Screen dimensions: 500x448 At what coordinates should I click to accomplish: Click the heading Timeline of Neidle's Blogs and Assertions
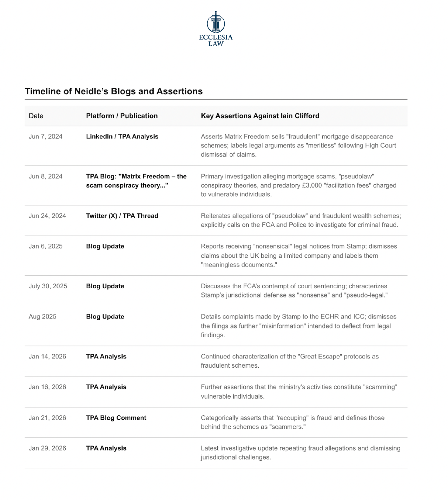[x=114, y=91]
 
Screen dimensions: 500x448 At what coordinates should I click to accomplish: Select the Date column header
[x=36, y=116]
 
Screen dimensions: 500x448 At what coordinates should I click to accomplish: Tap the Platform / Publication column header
[x=122, y=116]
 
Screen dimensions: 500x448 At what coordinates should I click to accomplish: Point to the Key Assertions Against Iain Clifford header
[x=260, y=116]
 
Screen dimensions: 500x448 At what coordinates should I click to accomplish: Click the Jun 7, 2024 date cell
[x=46, y=137]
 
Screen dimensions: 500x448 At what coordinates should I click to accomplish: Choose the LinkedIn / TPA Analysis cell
[x=122, y=137]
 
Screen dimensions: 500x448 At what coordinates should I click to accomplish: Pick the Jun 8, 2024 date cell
[x=46, y=176]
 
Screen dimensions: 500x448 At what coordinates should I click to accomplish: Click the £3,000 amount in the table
[x=312, y=185]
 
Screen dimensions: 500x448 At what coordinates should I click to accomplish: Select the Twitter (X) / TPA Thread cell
[x=122, y=216]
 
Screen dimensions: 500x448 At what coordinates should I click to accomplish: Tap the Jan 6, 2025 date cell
[x=46, y=246]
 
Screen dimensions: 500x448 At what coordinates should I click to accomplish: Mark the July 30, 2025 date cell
[x=48, y=286]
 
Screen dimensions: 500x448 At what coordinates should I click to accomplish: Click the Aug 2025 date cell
[x=42, y=317]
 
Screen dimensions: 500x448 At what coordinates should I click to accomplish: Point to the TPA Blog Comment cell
[x=116, y=418]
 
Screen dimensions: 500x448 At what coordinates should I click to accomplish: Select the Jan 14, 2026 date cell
[x=47, y=357]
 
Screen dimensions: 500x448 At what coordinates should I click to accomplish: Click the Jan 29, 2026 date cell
[x=47, y=448]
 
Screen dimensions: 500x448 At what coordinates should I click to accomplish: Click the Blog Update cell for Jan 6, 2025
[x=105, y=246]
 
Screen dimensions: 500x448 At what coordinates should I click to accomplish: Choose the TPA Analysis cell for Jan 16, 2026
[x=106, y=387]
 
